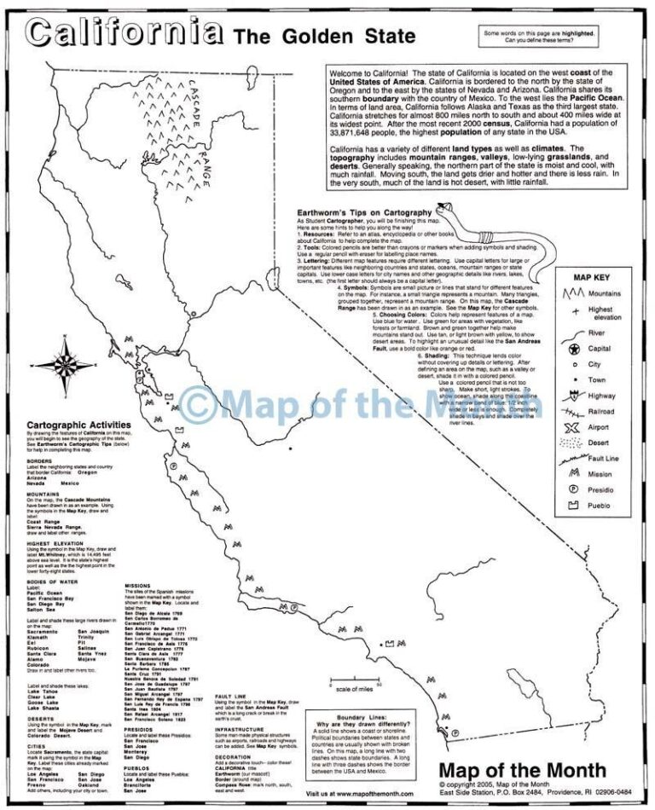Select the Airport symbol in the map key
pyautogui.click(x=567, y=425)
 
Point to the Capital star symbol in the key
pyautogui.click(x=566, y=349)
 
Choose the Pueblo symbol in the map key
pyautogui.click(x=566, y=506)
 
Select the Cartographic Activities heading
pyautogui.click(x=79, y=424)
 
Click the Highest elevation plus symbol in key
pyautogui.click(x=566, y=312)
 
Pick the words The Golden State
pyautogui.click(x=326, y=36)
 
